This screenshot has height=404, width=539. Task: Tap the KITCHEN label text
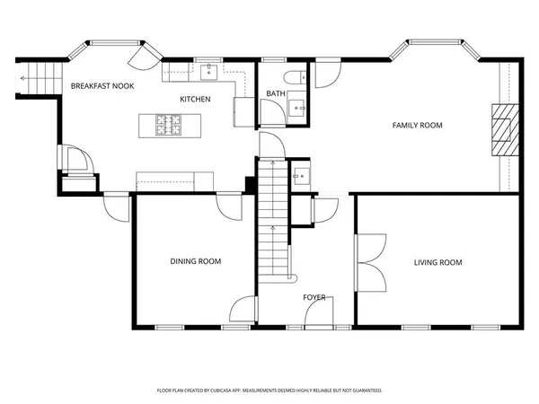coord(195,99)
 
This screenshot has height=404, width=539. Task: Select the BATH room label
coord(275,93)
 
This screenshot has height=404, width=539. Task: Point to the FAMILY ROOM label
coord(418,126)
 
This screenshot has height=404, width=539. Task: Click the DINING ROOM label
coord(196,262)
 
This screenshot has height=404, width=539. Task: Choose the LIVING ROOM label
coord(437,263)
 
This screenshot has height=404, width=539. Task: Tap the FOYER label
coord(314,297)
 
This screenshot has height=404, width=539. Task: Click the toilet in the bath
coord(295,77)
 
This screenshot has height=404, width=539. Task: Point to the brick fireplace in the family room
coord(504,130)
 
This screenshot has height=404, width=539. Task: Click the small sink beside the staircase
coord(302,175)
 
